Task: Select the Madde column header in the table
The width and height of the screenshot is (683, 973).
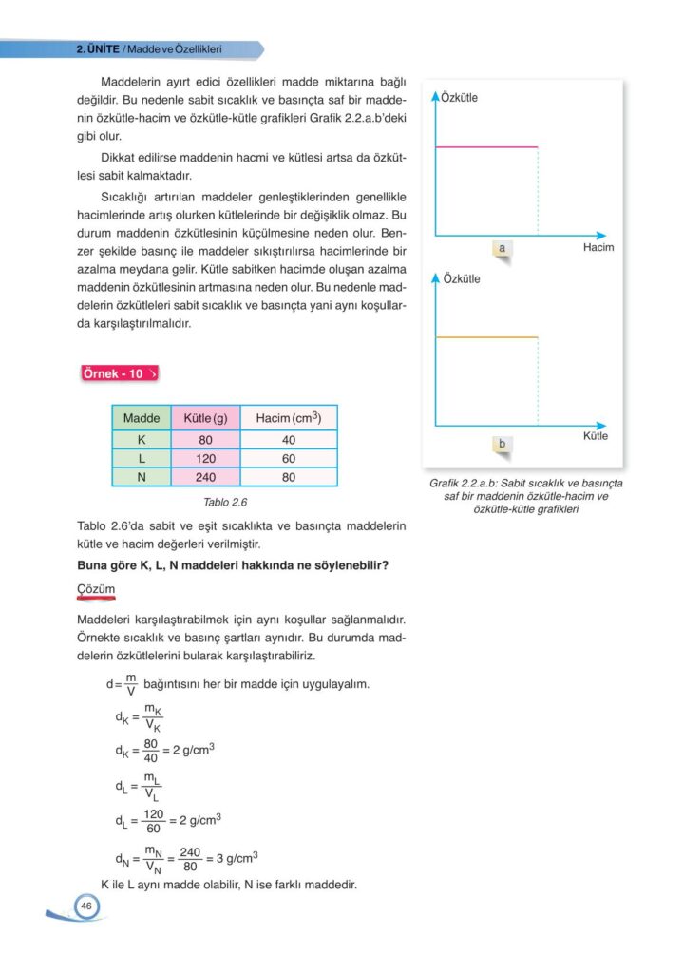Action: point(142,418)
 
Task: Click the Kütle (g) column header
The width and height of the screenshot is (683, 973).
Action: point(205,418)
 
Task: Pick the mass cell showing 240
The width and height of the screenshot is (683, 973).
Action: point(205,477)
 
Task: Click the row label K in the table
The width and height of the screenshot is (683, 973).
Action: point(142,440)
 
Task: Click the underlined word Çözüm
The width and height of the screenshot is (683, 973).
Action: point(95,590)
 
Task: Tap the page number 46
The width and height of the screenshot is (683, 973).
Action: point(86,906)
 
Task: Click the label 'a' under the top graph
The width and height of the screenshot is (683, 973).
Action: point(501,248)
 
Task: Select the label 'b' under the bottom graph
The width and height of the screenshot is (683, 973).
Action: point(501,443)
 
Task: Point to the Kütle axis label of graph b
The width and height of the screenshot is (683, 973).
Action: point(596,436)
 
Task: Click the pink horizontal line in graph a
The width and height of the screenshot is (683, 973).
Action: point(486,147)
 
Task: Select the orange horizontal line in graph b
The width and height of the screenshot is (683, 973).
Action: point(486,337)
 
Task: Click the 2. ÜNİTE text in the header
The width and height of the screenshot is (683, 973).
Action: point(97,48)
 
